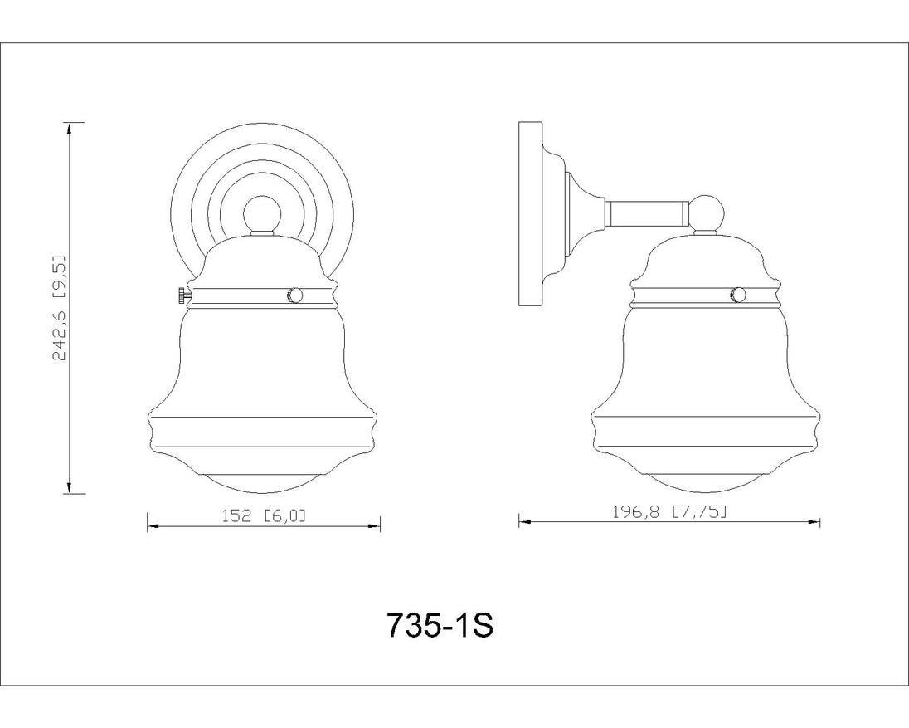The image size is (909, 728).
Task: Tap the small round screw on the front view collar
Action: point(294,296)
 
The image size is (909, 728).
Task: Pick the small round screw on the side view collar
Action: point(738,295)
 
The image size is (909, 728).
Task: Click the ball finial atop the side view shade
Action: point(706,213)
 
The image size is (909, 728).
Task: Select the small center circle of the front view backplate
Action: point(262,214)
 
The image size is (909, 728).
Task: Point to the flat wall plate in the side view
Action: point(530,214)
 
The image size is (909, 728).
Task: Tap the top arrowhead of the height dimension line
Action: point(69,129)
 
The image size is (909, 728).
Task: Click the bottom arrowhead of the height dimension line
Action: point(69,486)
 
